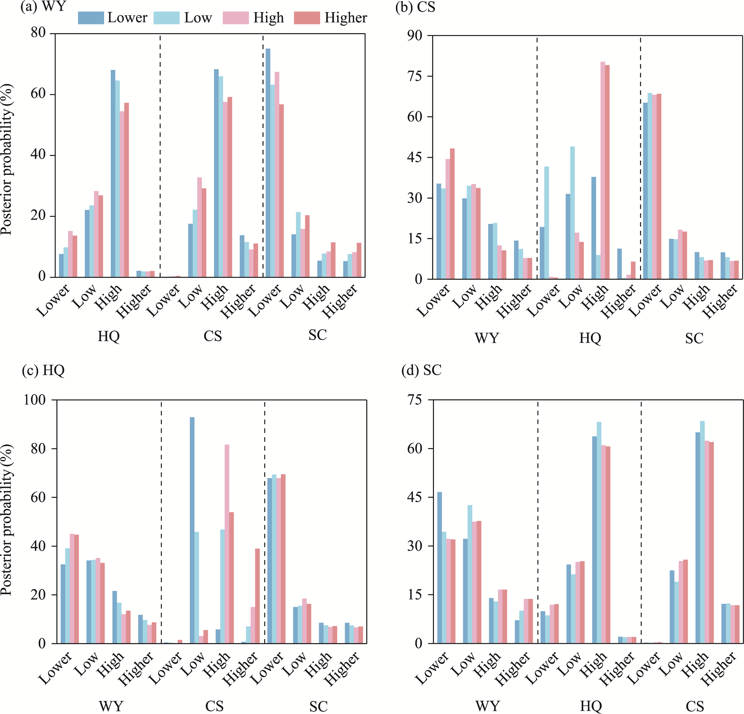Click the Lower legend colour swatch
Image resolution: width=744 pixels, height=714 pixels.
coord(91,18)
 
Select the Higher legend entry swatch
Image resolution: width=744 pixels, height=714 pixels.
coord(307,18)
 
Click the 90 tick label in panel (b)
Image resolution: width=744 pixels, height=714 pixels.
coord(415,35)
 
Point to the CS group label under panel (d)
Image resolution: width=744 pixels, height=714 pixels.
coord(695,706)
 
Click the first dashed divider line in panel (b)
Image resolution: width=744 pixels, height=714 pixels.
coord(537,158)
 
